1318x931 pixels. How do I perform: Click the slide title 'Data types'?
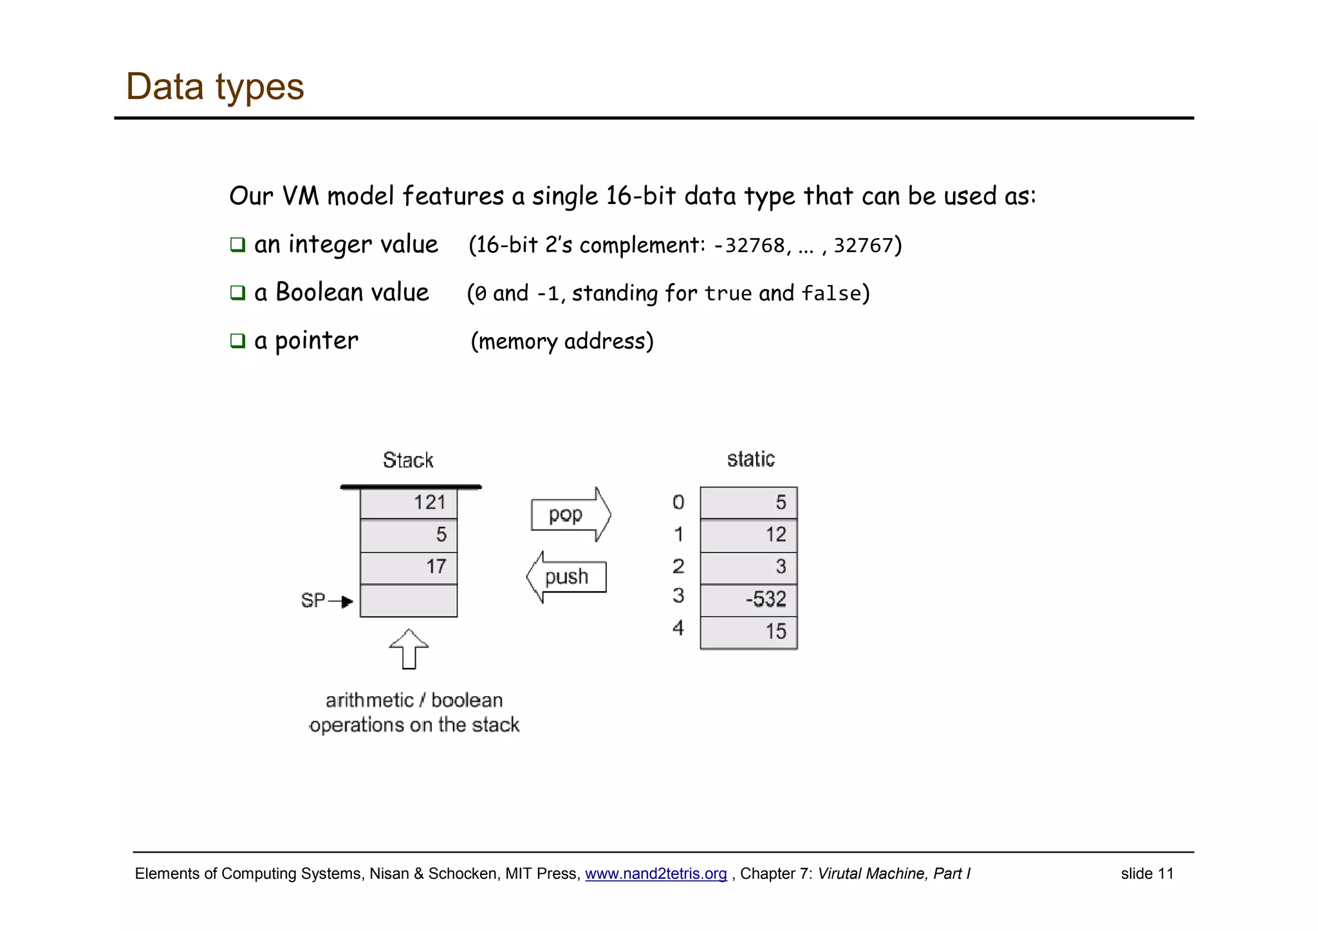[x=214, y=87]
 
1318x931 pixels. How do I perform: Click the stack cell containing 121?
[x=409, y=502]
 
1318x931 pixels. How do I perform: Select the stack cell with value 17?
[x=409, y=567]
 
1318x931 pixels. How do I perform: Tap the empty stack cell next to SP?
[x=409, y=600]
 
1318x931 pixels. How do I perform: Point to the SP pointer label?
[x=313, y=600]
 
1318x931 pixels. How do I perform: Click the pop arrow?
[x=570, y=515]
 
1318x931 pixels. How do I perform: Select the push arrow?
[x=566, y=576]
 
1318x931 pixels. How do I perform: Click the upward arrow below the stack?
[x=409, y=649]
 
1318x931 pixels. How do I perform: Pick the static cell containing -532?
[x=748, y=600]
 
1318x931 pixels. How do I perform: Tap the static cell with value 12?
[x=748, y=535]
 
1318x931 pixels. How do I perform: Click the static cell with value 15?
[x=748, y=632]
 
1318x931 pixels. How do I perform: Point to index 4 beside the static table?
[x=678, y=628]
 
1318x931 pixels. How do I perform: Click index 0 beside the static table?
[x=678, y=502]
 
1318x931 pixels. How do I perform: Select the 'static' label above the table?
[x=750, y=459]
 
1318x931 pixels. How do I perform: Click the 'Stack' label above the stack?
[x=408, y=461]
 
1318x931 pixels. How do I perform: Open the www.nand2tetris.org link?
[x=655, y=874]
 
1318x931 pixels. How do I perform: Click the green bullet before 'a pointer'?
[x=238, y=340]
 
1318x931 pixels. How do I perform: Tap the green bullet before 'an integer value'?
[x=238, y=244]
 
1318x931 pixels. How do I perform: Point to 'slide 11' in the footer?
[x=1147, y=874]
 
